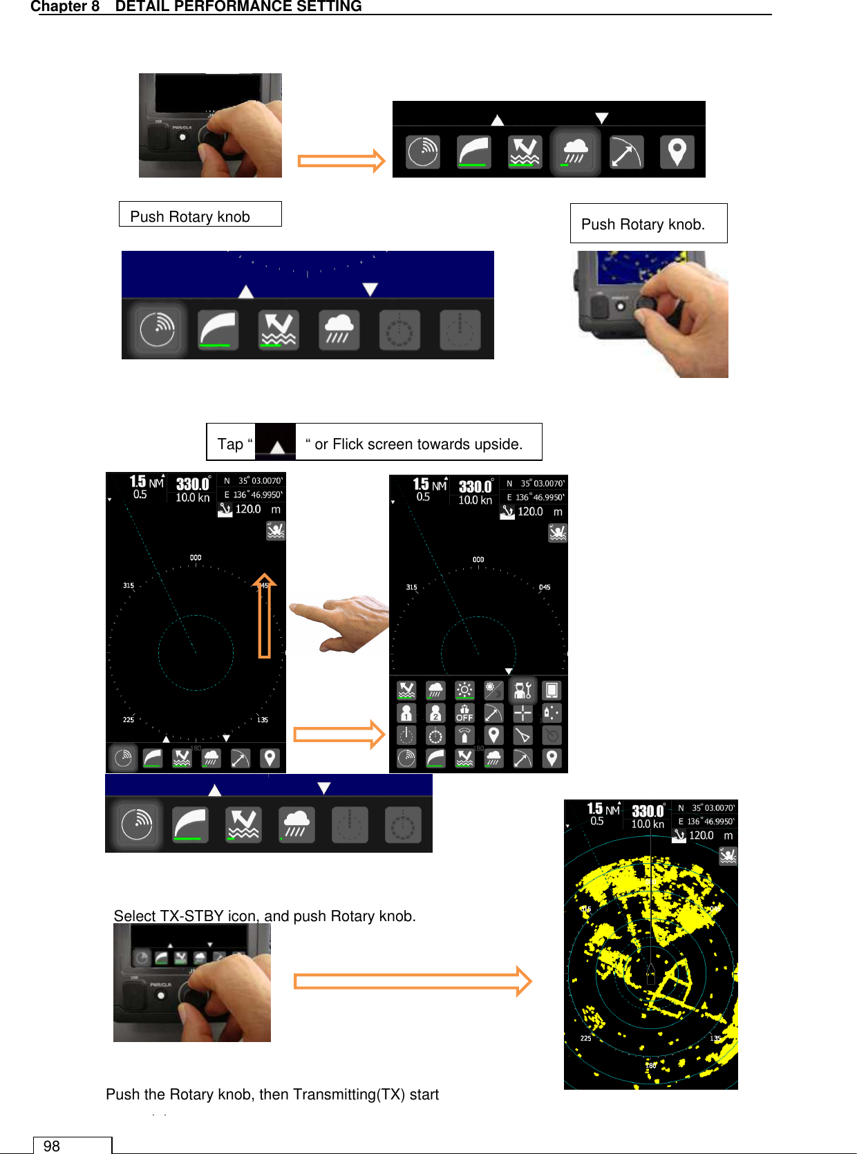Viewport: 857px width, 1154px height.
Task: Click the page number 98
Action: point(52,1146)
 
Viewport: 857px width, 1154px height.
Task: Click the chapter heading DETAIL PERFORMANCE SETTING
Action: point(238,7)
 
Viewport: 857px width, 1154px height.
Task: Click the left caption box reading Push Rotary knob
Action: point(199,215)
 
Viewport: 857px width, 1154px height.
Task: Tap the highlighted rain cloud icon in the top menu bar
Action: point(575,152)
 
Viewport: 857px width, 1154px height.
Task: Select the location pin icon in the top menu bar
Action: point(677,152)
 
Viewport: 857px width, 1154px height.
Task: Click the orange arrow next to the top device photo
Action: point(341,161)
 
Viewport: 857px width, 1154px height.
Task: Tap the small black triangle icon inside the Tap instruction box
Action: point(276,443)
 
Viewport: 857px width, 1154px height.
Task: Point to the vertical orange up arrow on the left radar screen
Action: point(264,614)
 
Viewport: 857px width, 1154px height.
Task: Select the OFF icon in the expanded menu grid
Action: point(464,713)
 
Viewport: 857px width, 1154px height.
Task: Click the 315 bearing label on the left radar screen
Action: point(129,585)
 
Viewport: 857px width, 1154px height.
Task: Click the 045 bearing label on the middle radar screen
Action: point(545,587)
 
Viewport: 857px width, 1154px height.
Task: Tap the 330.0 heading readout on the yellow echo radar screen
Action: point(648,811)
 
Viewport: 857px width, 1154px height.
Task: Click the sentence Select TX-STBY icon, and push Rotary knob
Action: point(265,916)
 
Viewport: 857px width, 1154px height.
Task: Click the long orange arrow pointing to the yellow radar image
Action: point(412,981)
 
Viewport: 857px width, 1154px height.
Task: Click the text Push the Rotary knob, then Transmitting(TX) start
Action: point(272,1094)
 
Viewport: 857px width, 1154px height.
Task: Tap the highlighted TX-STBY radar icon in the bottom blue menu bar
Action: point(137,824)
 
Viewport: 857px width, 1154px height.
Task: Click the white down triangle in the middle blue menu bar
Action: point(370,289)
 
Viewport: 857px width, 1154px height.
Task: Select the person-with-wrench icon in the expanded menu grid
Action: point(522,690)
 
